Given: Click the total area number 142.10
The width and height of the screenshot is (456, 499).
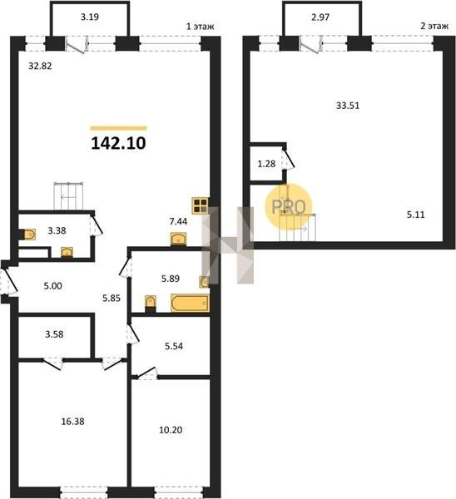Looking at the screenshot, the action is (x=118, y=143).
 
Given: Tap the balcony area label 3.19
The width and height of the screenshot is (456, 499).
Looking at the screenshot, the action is (x=90, y=17).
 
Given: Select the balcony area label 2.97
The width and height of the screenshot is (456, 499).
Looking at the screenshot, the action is (x=320, y=17).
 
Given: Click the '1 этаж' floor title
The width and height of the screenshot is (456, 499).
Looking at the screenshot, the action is (x=200, y=27).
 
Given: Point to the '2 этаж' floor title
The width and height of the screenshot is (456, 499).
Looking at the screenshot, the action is (x=434, y=26).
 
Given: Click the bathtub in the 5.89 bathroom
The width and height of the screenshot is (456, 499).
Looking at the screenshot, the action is (x=190, y=303).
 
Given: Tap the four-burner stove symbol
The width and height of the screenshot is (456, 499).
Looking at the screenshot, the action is (x=200, y=205).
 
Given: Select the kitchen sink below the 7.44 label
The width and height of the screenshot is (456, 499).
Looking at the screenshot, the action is (x=178, y=239).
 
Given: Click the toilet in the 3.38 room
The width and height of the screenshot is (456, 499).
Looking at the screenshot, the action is (x=28, y=235).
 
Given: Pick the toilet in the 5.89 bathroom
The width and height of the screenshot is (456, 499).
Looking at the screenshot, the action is (x=151, y=303).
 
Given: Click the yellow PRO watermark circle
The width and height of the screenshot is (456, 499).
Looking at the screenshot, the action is (x=289, y=206).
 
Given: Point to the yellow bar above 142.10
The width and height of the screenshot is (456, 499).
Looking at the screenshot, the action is (x=118, y=128).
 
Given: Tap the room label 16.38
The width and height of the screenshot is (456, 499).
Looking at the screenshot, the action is (x=72, y=422).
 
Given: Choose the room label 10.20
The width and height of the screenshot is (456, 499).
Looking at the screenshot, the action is (x=171, y=430).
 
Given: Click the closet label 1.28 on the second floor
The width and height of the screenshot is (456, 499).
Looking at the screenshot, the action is (x=266, y=164).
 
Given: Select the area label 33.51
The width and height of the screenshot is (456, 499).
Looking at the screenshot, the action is (x=348, y=106).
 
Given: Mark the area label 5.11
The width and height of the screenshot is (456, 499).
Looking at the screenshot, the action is (x=415, y=215).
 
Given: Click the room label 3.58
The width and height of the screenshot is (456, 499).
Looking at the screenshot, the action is (x=54, y=334).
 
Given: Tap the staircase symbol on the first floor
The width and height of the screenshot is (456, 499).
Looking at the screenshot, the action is (x=68, y=195).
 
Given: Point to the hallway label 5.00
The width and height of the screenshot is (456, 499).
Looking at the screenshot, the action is (x=53, y=286).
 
